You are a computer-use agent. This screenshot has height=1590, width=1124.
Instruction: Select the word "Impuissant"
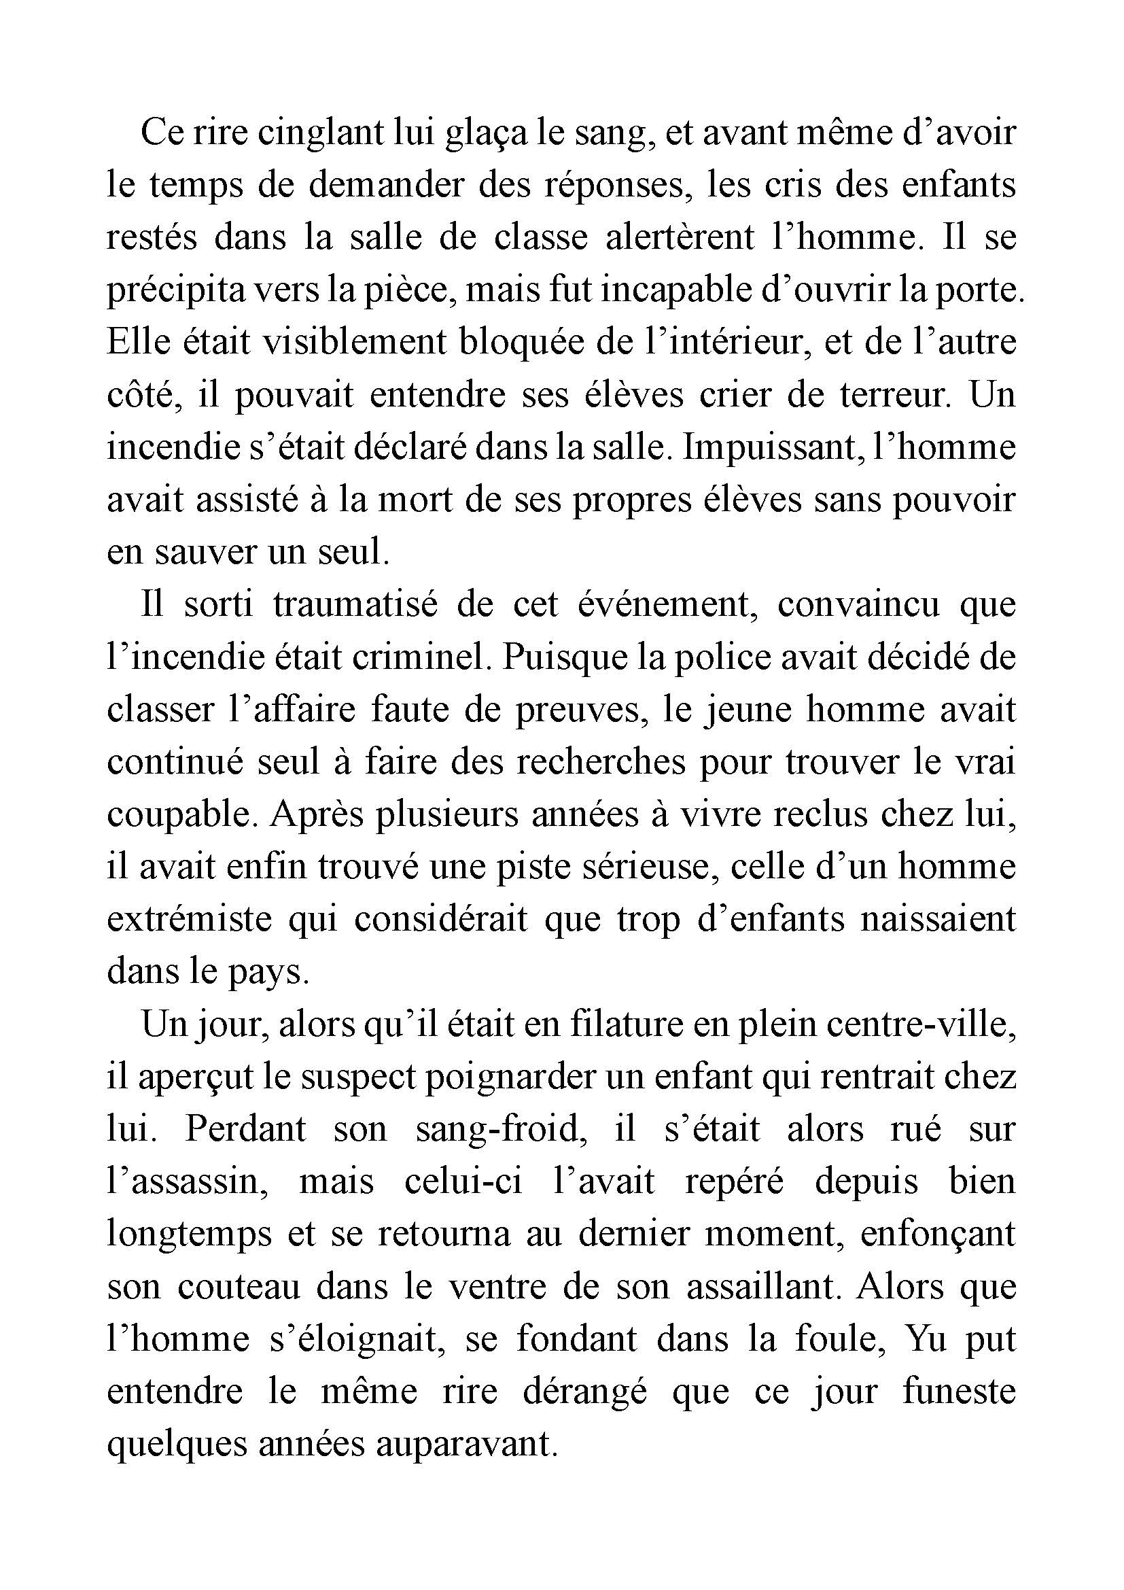click(x=771, y=447)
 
